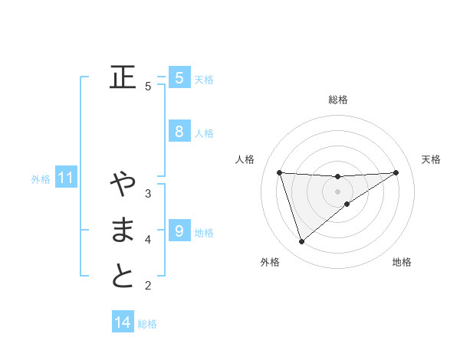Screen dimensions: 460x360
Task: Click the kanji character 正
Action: coord(123,77)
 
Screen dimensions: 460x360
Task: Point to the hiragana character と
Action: coord(123,276)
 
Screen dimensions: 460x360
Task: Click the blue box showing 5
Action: coord(179,77)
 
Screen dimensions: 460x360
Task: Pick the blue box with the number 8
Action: coord(179,131)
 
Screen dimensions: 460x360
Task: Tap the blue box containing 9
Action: coord(179,231)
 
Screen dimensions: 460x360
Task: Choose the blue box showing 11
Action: coord(65,178)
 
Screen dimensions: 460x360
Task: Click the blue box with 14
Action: coord(123,322)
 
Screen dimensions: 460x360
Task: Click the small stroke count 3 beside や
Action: coord(148,193)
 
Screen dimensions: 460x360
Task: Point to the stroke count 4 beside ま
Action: coord(148,240)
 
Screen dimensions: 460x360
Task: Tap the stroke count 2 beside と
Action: coord(148,286)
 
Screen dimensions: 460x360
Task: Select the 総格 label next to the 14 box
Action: coord(147,324)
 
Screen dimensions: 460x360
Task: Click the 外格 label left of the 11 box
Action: coord(41,180)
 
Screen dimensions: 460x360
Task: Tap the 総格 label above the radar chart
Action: coord(337,100)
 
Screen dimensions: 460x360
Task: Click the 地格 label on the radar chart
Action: coord(402,263)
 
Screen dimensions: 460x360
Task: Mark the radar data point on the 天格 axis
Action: coord(396,172)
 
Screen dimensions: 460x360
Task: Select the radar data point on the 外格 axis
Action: coord(301,242)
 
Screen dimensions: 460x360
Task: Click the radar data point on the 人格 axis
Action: coord(279,172)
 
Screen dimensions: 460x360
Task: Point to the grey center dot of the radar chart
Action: coord(337,191)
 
